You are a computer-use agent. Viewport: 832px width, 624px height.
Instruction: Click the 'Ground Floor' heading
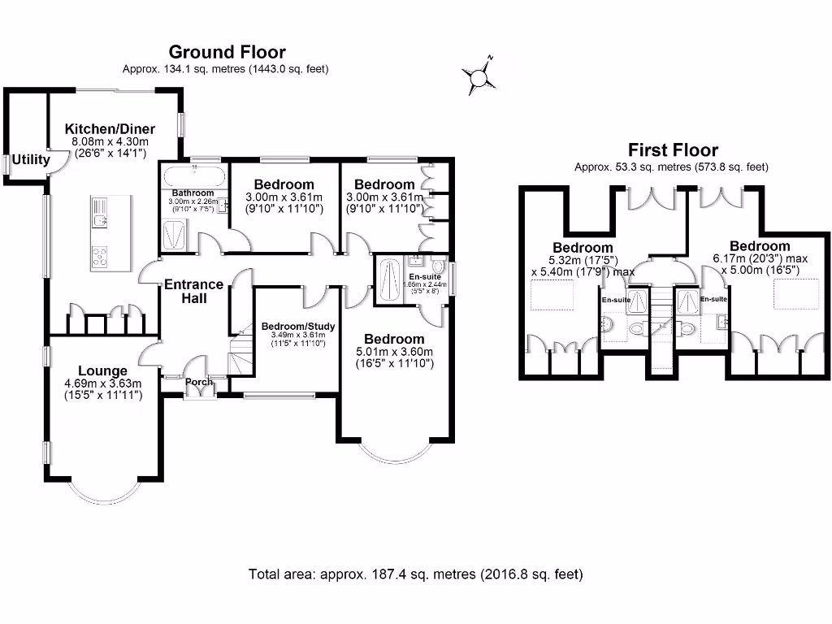click(227, 53)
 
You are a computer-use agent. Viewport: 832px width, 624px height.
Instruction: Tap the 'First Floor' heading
click(673, 150)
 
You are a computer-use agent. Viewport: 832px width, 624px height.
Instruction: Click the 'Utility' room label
click(31, 160)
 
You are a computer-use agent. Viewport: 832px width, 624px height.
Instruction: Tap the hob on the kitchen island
click(99, 256)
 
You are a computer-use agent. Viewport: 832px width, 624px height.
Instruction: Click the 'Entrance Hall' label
click(193, 291)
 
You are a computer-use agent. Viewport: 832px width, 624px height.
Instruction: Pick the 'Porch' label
click(199, 382)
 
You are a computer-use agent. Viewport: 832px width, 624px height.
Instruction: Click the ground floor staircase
click(241, 354)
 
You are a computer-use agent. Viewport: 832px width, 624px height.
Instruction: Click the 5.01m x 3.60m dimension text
click(394, 352)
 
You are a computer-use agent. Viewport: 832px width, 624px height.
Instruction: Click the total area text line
click(415, 574)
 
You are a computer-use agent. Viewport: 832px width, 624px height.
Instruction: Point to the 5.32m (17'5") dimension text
click(583, 260)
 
